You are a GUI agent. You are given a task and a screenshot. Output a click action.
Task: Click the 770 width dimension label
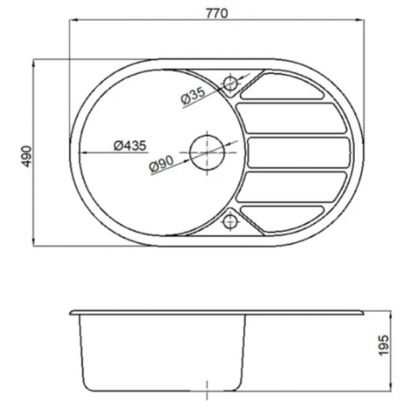[217, 14]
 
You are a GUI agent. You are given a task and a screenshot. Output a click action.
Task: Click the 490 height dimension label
[27, 156]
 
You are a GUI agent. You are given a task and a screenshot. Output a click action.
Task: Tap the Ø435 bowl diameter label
[130, 146]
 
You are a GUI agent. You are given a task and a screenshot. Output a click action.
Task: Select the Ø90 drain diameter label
[161, 164]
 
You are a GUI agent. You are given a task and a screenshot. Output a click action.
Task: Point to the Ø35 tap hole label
[193, 96]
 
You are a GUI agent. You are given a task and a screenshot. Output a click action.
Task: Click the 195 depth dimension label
[383, 345]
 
